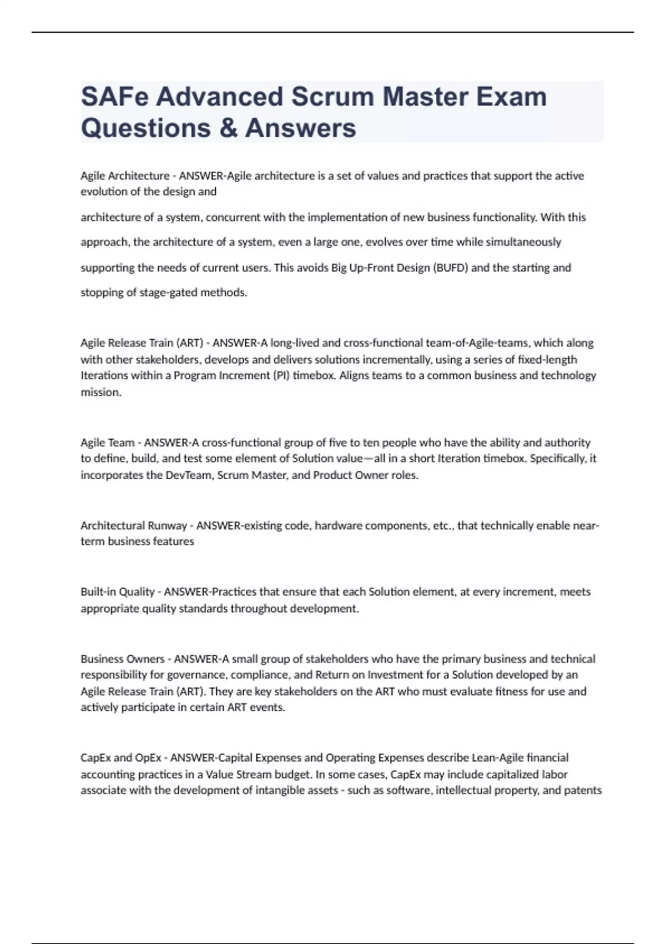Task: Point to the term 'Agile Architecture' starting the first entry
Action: (125, 176)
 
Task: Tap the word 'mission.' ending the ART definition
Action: (101, 392)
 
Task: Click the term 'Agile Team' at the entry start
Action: (108, 443)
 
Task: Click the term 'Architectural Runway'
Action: (134, 525)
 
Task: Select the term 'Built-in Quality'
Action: (118, 592)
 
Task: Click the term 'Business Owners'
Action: (123, 659)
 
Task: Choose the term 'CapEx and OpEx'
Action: (121, 758)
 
